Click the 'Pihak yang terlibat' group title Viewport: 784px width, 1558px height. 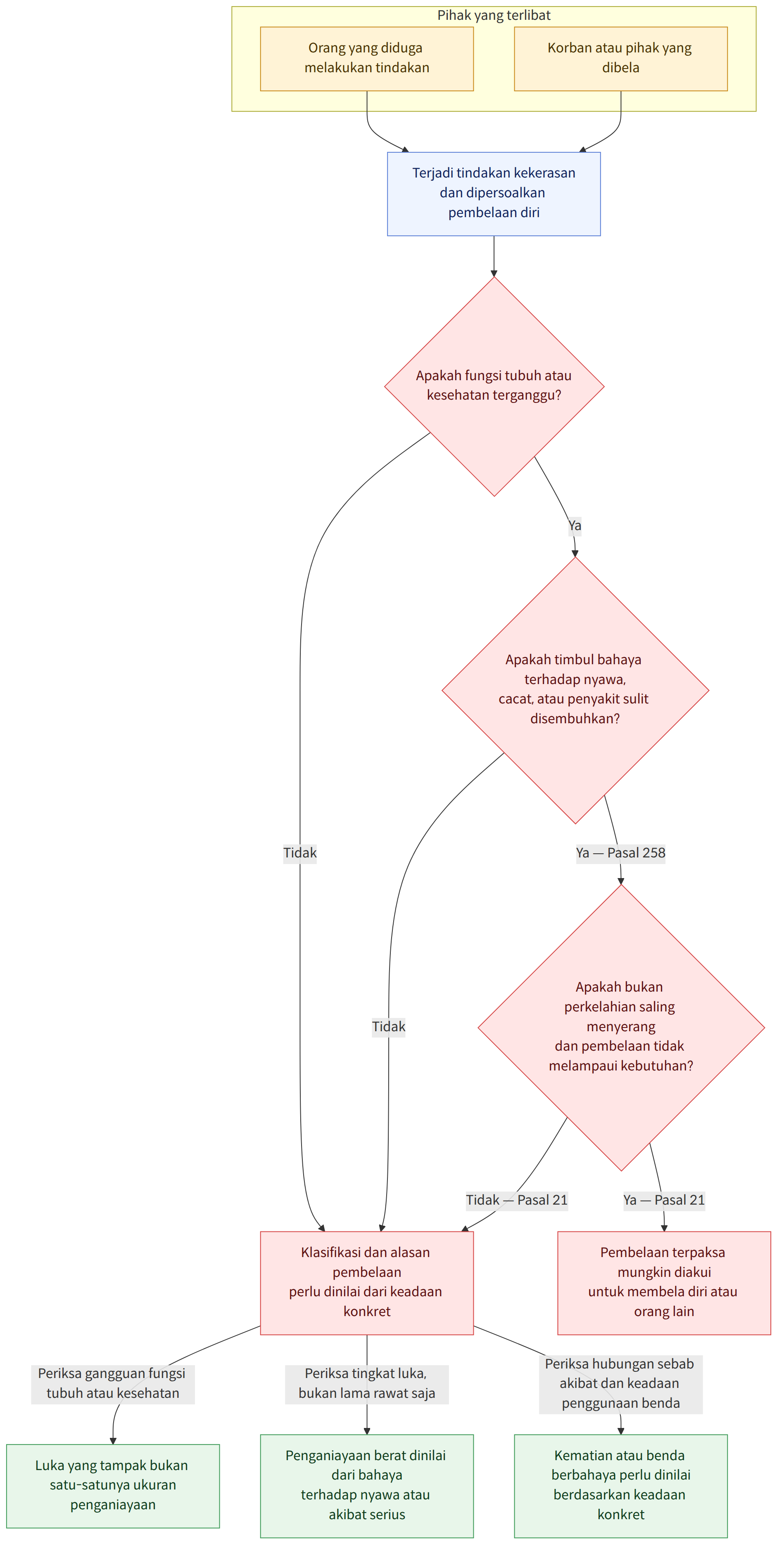click(x=494, y=15)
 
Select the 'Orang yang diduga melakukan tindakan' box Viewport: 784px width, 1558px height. click(x=366, y=59)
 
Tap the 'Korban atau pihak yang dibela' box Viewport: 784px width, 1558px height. click(x=621, y=59)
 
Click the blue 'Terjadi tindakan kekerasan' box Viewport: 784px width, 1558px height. click(x=494, y=194)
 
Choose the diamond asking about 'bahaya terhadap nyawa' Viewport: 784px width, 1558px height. click(x=575, y=690)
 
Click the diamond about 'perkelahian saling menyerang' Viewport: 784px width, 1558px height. click(x=621, y=1027)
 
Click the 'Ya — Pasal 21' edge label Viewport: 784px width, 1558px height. click(x=664, y=1200)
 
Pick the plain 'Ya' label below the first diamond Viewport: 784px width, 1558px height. click(x=575, y=526)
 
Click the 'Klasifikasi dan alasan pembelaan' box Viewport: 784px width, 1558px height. click(x=366, y=1283)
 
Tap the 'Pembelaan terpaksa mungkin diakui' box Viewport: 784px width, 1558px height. click(x=664, y=1283)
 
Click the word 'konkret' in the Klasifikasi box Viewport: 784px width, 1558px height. click(x=366, y=1311)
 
